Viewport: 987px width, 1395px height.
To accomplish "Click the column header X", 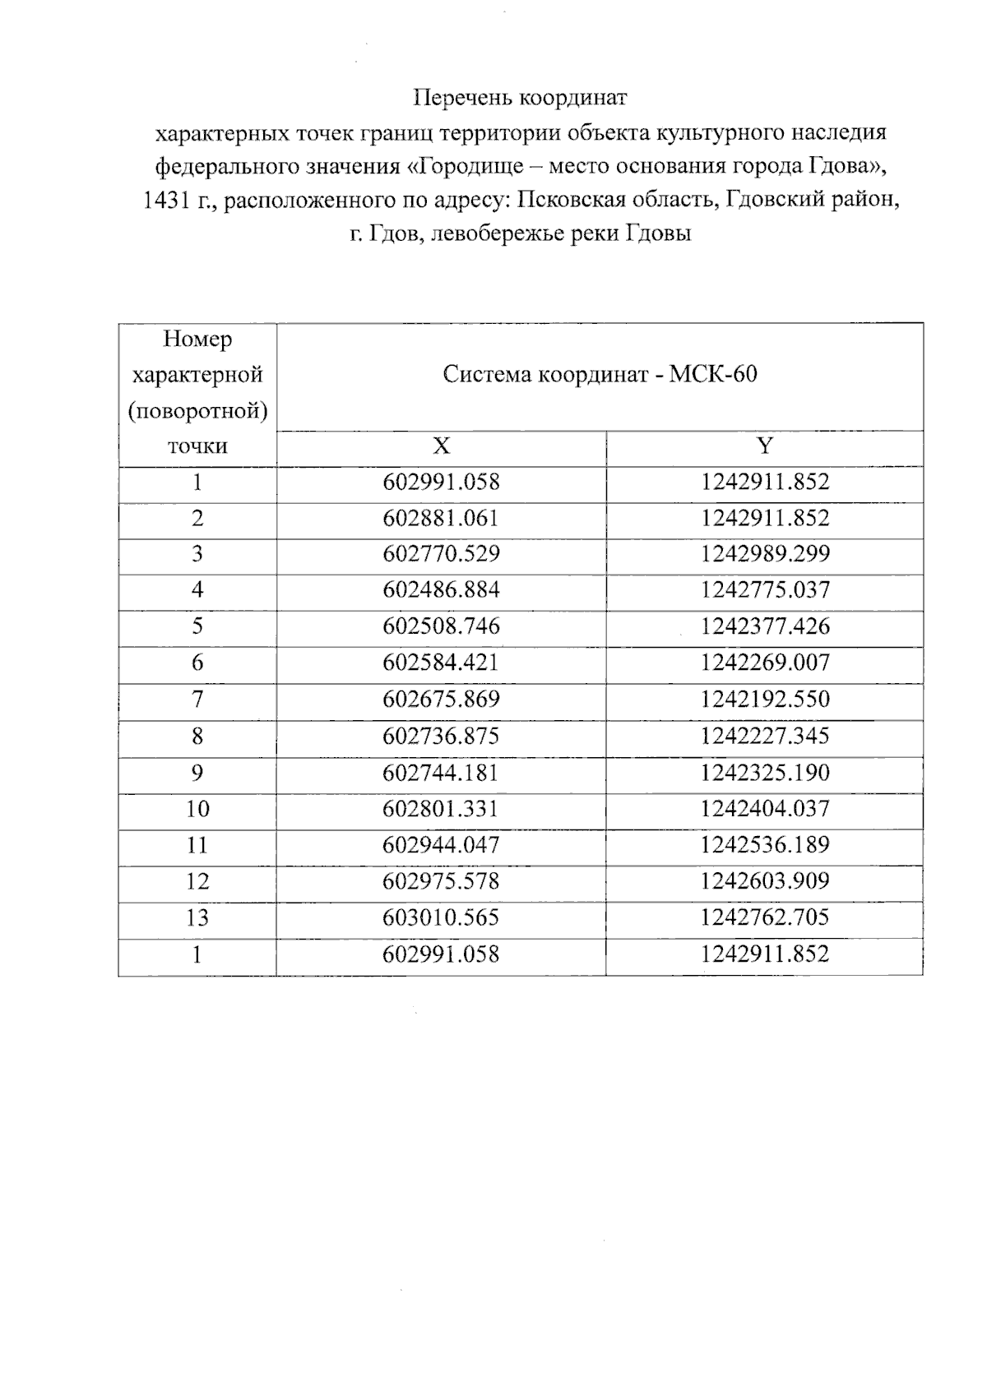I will [x=442, y=446].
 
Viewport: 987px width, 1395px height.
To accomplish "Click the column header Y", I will [x=765, y=446].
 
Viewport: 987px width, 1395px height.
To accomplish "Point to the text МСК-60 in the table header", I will [x=713, y=375].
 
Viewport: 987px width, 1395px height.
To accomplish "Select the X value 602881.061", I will [x=441, y=518].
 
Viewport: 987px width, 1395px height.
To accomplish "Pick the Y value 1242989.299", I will [x=765, y=554].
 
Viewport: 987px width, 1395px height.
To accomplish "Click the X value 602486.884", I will [x=441, y=590].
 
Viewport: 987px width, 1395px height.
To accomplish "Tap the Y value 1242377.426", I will [x=765, y=626].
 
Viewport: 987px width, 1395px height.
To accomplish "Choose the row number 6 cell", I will [x=197, y=663].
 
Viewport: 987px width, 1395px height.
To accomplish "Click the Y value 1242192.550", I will [x=765, y=700].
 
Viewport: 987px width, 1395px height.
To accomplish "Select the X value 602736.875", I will [x=441, y=736].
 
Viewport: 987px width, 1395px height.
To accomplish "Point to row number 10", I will [x=197, y=809].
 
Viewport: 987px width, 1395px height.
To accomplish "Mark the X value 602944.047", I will [x=441, y=845].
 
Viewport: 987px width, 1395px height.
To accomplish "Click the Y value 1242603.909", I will [x=765, y=881].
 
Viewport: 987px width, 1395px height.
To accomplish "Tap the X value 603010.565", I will [x=441, y=917].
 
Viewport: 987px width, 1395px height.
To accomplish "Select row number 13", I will [x=197, y=917].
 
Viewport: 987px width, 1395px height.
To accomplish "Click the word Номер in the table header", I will [x=197, y=339].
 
